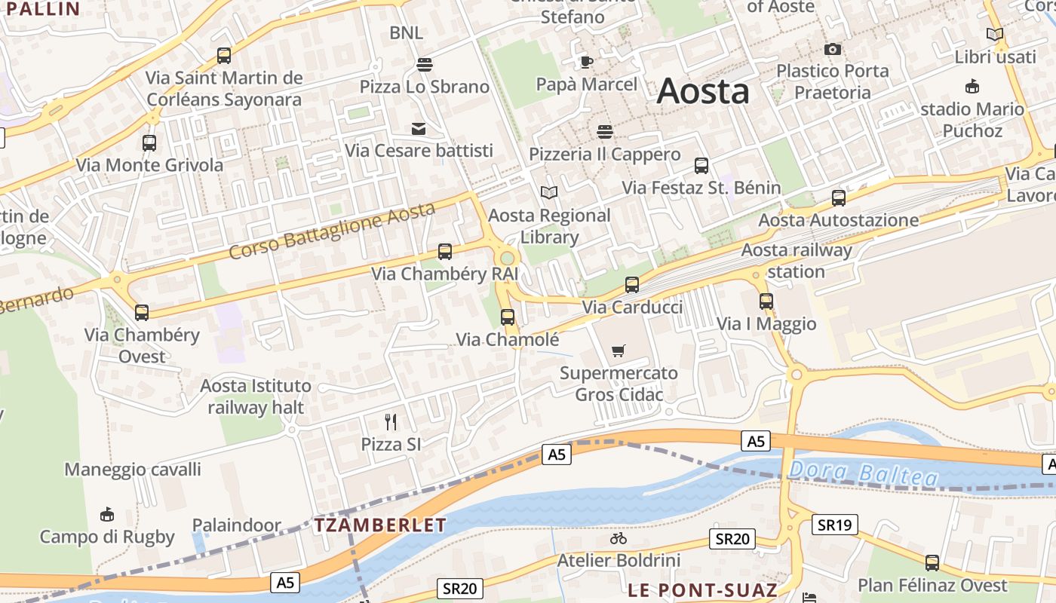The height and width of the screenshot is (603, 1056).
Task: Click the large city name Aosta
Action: [703, 92]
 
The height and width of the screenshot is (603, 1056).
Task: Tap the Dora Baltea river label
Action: [863, 474]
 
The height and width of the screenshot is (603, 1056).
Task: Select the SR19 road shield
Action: [834, 525]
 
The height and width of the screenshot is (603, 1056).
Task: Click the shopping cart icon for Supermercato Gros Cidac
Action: [619, 350]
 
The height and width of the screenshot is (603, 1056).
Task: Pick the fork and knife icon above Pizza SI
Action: [391, 421]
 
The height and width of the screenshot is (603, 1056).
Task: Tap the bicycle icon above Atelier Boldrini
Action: [619, 538]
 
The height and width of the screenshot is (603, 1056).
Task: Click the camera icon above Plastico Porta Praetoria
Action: [833, 49]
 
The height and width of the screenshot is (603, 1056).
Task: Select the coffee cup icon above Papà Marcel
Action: [587, 61]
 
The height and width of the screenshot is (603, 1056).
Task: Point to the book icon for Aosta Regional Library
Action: [549, 193]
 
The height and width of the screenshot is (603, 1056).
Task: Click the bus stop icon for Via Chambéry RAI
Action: [445, 252]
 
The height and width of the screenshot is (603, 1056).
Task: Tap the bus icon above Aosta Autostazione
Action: [839, 198]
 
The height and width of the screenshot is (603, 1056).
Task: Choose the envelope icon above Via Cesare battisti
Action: [419, 129]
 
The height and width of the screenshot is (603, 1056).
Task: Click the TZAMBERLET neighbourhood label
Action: [380, 525]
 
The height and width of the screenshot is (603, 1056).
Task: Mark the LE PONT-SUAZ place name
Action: [702, 589]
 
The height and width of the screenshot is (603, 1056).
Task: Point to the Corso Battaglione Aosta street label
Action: [332, 230]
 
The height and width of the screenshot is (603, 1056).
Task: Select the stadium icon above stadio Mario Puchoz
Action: [972, 87]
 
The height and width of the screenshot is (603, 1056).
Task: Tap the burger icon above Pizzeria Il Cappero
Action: [604, 132]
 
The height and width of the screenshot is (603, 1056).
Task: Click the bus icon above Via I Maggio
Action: [766, 301]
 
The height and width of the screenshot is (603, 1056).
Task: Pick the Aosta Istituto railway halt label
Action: [256, 397]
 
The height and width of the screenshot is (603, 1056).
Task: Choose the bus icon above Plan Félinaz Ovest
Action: [932, 562]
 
